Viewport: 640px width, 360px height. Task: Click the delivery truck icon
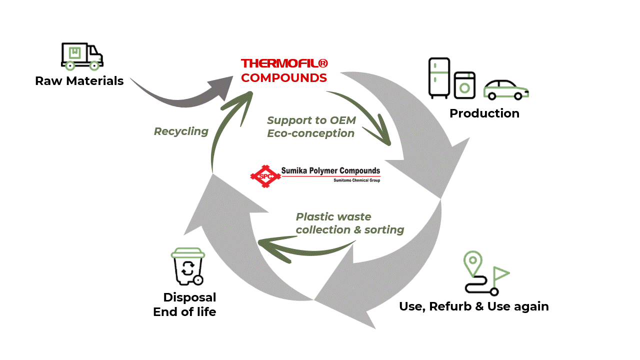[81, 55]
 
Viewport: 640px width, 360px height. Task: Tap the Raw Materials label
[79, 81]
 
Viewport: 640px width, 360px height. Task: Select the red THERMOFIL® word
[284, 63]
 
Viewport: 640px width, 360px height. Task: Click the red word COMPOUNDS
[284, 78]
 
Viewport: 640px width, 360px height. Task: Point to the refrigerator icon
[439, 77]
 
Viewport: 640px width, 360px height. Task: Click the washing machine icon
[465, 85]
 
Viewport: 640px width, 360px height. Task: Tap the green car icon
[505, 89]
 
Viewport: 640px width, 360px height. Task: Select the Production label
[484, 113]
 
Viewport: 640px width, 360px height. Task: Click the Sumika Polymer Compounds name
[330, 171]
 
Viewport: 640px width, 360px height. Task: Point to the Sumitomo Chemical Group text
[356, 180]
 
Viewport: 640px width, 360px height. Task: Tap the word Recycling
[181, 131]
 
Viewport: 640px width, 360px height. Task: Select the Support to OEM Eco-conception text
[311, 127]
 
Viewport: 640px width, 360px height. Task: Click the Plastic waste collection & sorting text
[349, 223]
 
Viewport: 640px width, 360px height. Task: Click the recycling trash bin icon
[187, 267]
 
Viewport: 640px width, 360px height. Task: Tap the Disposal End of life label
[185, 304]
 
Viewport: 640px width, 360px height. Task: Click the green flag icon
[500, 274]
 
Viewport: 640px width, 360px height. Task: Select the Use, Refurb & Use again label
[473, 306]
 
